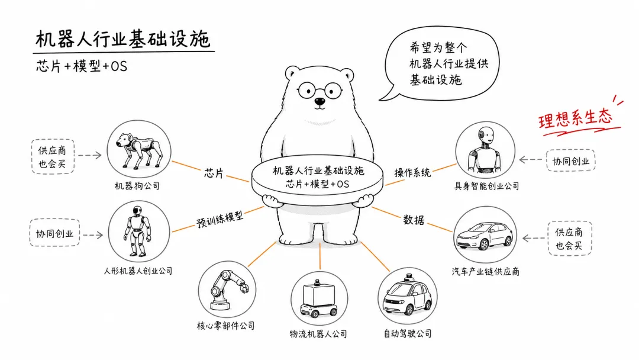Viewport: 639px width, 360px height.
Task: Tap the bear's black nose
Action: pyautogui.click(x=320, y=101)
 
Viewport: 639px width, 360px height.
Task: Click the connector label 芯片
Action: pyautogui.click(x=214, y=173)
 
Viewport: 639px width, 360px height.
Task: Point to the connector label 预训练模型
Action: pyautogui.click(x=220, y=219)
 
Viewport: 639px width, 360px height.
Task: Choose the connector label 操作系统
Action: pyautogui.click(x=412, y=172)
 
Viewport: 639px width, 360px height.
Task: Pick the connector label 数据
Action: pyautogui.click(x=414, y=220)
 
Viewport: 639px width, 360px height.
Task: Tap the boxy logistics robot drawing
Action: pyautogui.click(x=319, y=299)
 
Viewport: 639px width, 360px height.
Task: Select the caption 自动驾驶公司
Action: pyautogui.click(x=408, y=333)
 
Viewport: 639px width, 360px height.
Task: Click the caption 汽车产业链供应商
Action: pyautogui.click(x=485, y=272)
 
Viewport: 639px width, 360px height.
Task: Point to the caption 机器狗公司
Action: pyautogui.click(x=137, y=186)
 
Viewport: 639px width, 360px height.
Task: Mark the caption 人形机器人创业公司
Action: pyautogui.click(x=138, y=271)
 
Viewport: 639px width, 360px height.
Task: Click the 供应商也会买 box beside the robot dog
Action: pyautogui.click(x=53, y=157)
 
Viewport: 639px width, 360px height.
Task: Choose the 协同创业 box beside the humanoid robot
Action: pyautogui.click(x=54, y=233)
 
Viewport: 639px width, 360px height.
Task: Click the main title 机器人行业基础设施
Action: pyautogui.click(x=122, y=39)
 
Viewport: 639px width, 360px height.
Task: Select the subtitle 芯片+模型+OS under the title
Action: pyautogui.click(x=82, y=66)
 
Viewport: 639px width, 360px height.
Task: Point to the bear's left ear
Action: pyautogui.click(x=292, y=73)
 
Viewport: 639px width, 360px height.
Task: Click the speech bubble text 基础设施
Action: pyautogui.click(x=435, y=79)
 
